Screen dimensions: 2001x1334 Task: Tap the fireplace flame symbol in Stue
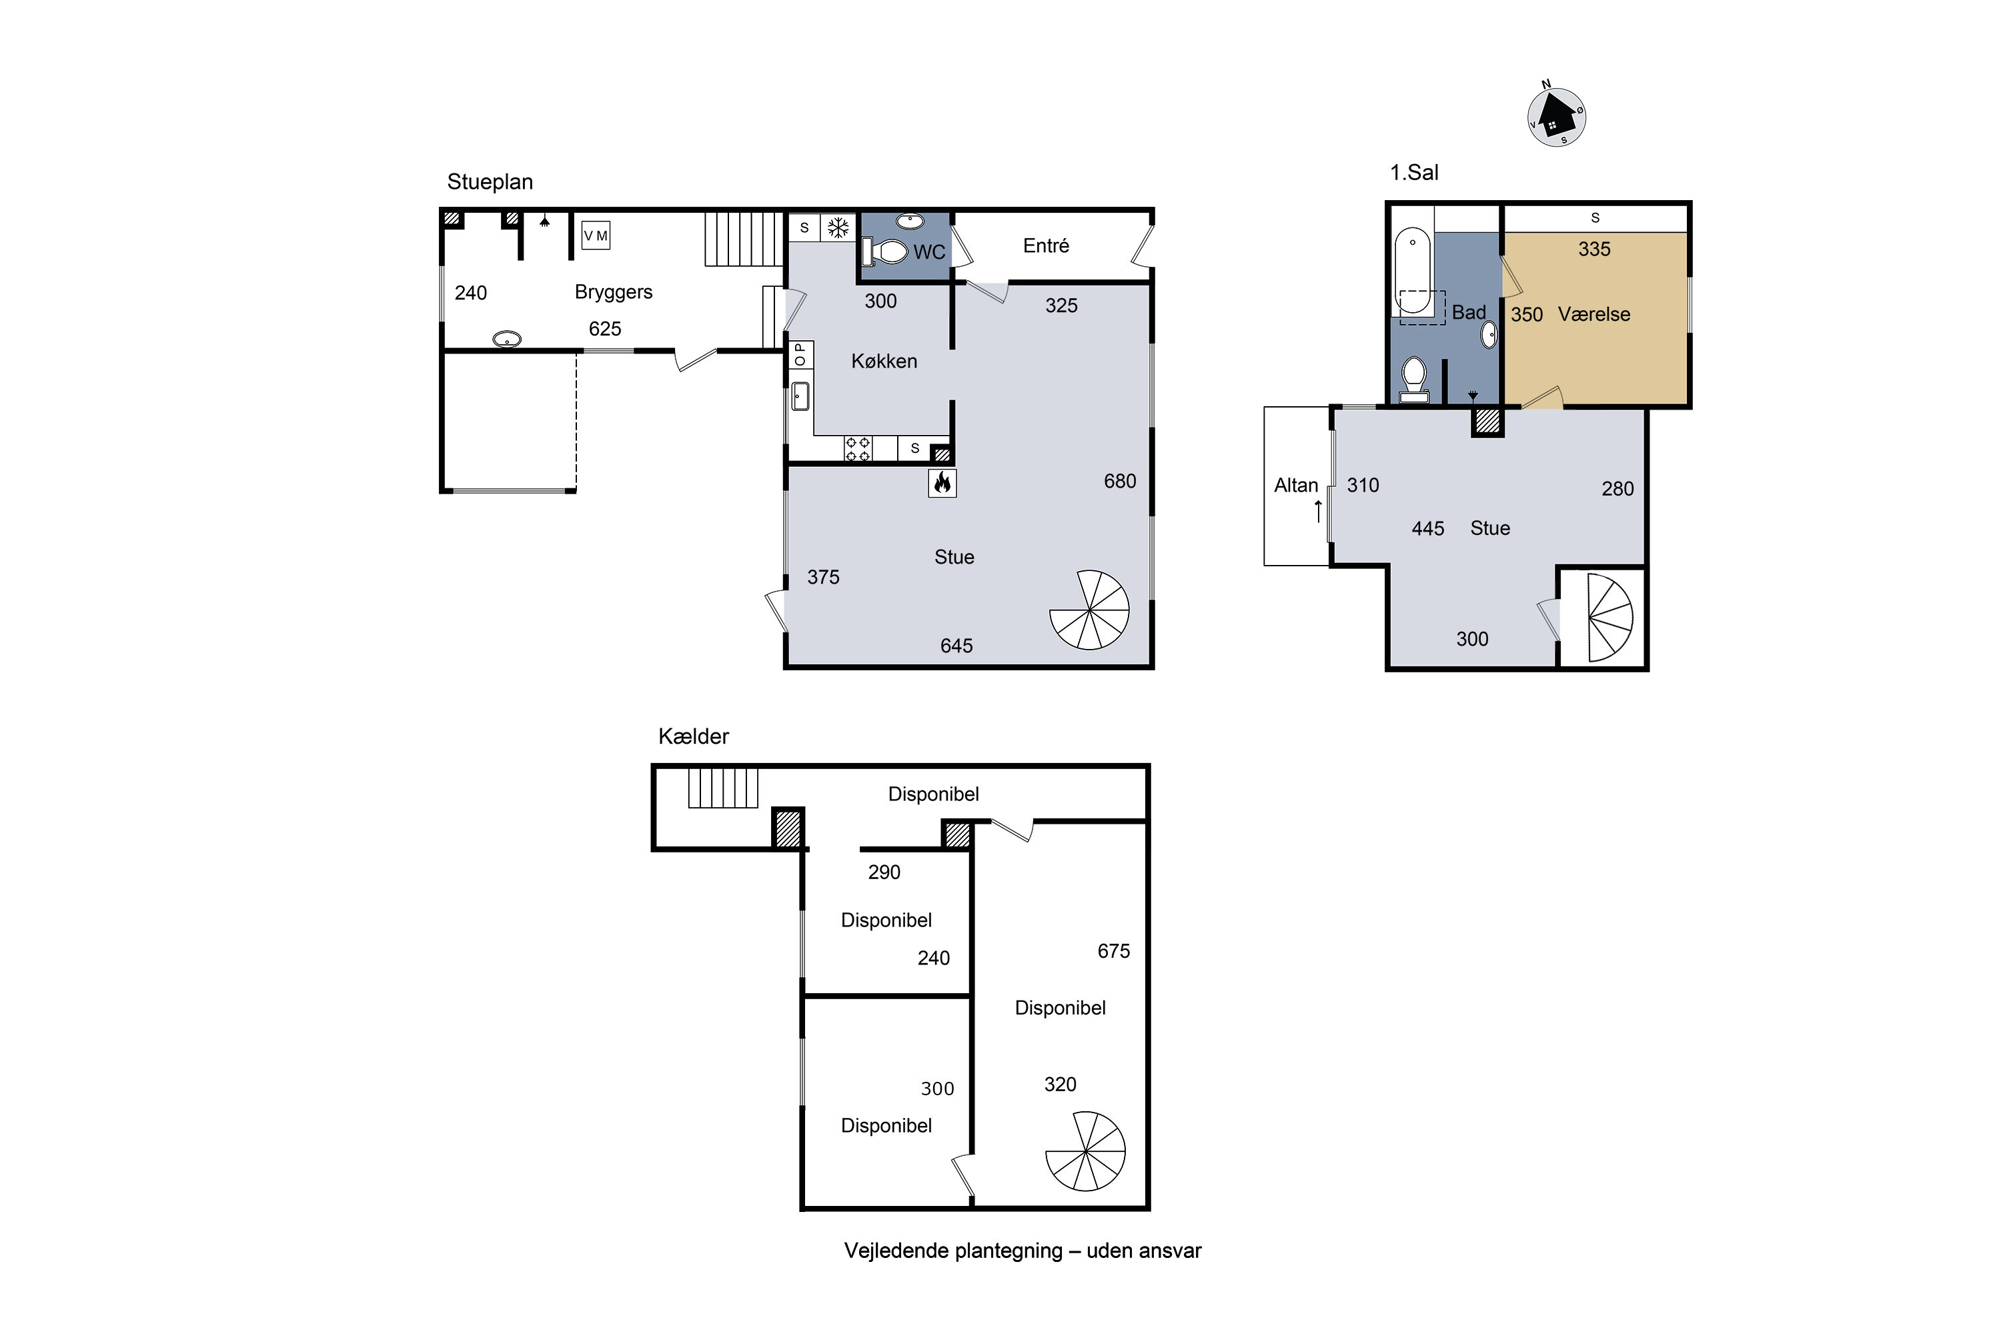[942, 483]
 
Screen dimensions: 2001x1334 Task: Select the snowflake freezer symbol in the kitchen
[839, 228]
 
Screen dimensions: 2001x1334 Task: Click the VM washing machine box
[596, 235]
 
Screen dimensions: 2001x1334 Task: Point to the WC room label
[929, 253]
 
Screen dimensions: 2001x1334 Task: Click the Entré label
[1046, 246]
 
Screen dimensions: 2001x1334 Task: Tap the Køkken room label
[884, 362]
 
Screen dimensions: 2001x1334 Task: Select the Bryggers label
[614, 293]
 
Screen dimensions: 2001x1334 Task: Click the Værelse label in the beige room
[1593, 315]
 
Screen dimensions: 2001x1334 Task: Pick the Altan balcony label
[1296, 486]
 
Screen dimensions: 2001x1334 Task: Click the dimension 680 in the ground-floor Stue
[1120, 482]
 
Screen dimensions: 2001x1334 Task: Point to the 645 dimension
[956, 646]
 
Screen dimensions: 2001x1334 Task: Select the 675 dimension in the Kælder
[1114, 951]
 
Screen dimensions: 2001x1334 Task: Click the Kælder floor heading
[694, 737]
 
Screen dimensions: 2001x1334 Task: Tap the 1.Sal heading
[1414, 173]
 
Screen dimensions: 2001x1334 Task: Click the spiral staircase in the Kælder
[1086, 1151]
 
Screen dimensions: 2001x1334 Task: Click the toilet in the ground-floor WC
[885, 252]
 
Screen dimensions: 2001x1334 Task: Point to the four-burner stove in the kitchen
[858, 449]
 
